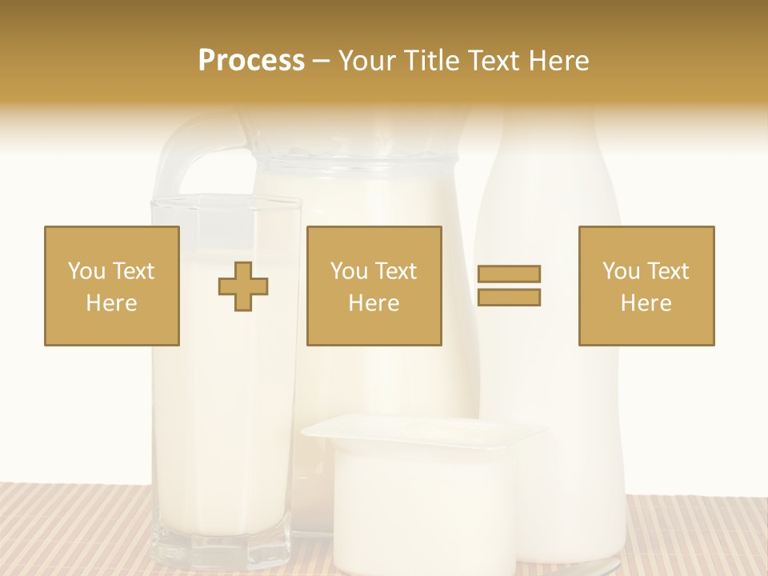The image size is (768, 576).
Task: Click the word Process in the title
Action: click(251, 61)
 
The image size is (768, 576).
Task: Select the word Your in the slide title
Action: click(367, 61)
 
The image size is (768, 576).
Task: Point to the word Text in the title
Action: click(498, 61)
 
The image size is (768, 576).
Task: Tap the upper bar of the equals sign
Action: click(509, 274)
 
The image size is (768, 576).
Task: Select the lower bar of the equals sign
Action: click(509, 298)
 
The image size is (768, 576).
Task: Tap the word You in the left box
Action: click(86, 271)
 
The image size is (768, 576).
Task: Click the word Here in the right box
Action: click(646, 303)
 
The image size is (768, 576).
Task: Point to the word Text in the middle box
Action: click(397, 271)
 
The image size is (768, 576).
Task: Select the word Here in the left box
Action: click(112, 303)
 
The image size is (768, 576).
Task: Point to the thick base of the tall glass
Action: click(222, 548)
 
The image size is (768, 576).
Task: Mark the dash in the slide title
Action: click(322, 62)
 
